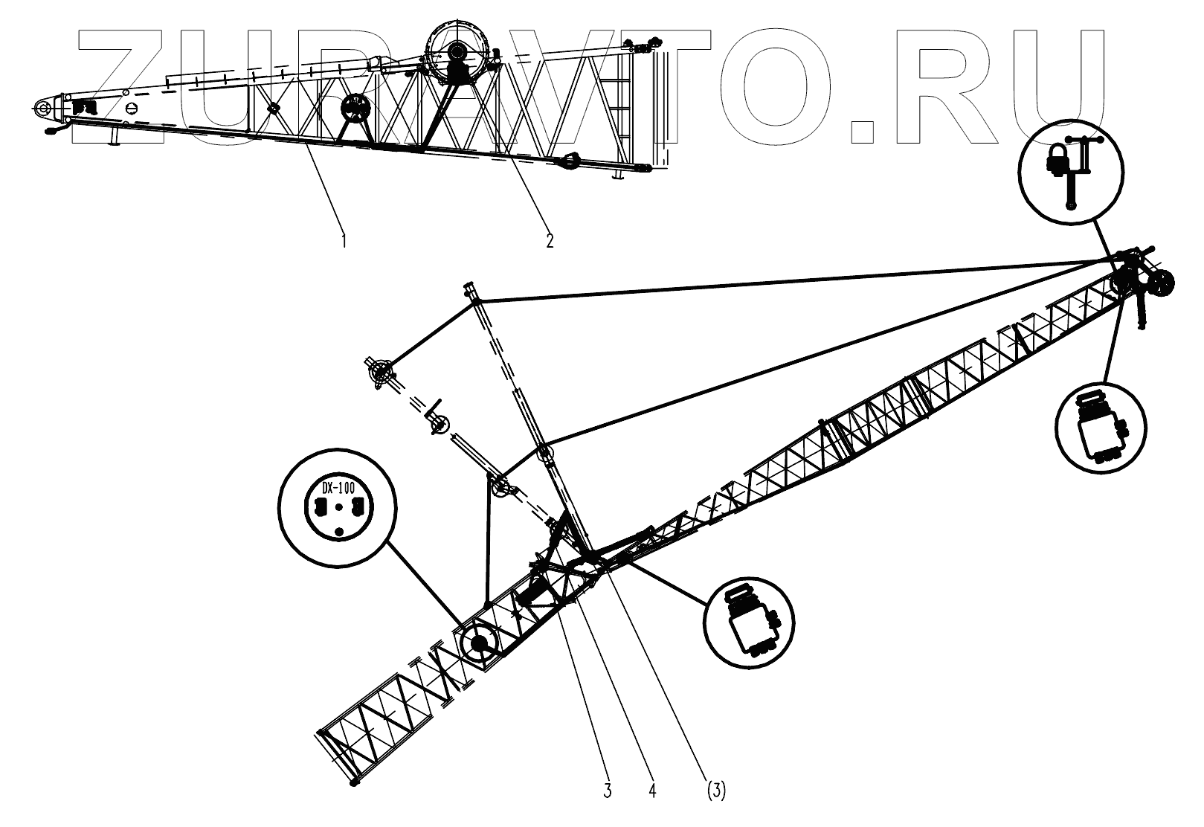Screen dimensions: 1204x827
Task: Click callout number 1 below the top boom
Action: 344,240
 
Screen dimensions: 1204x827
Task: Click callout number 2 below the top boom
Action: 550,240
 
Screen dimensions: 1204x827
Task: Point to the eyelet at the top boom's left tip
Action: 42,108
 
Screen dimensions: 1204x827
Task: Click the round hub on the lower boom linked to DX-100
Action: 477,643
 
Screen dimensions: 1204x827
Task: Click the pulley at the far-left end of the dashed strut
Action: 381,371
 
